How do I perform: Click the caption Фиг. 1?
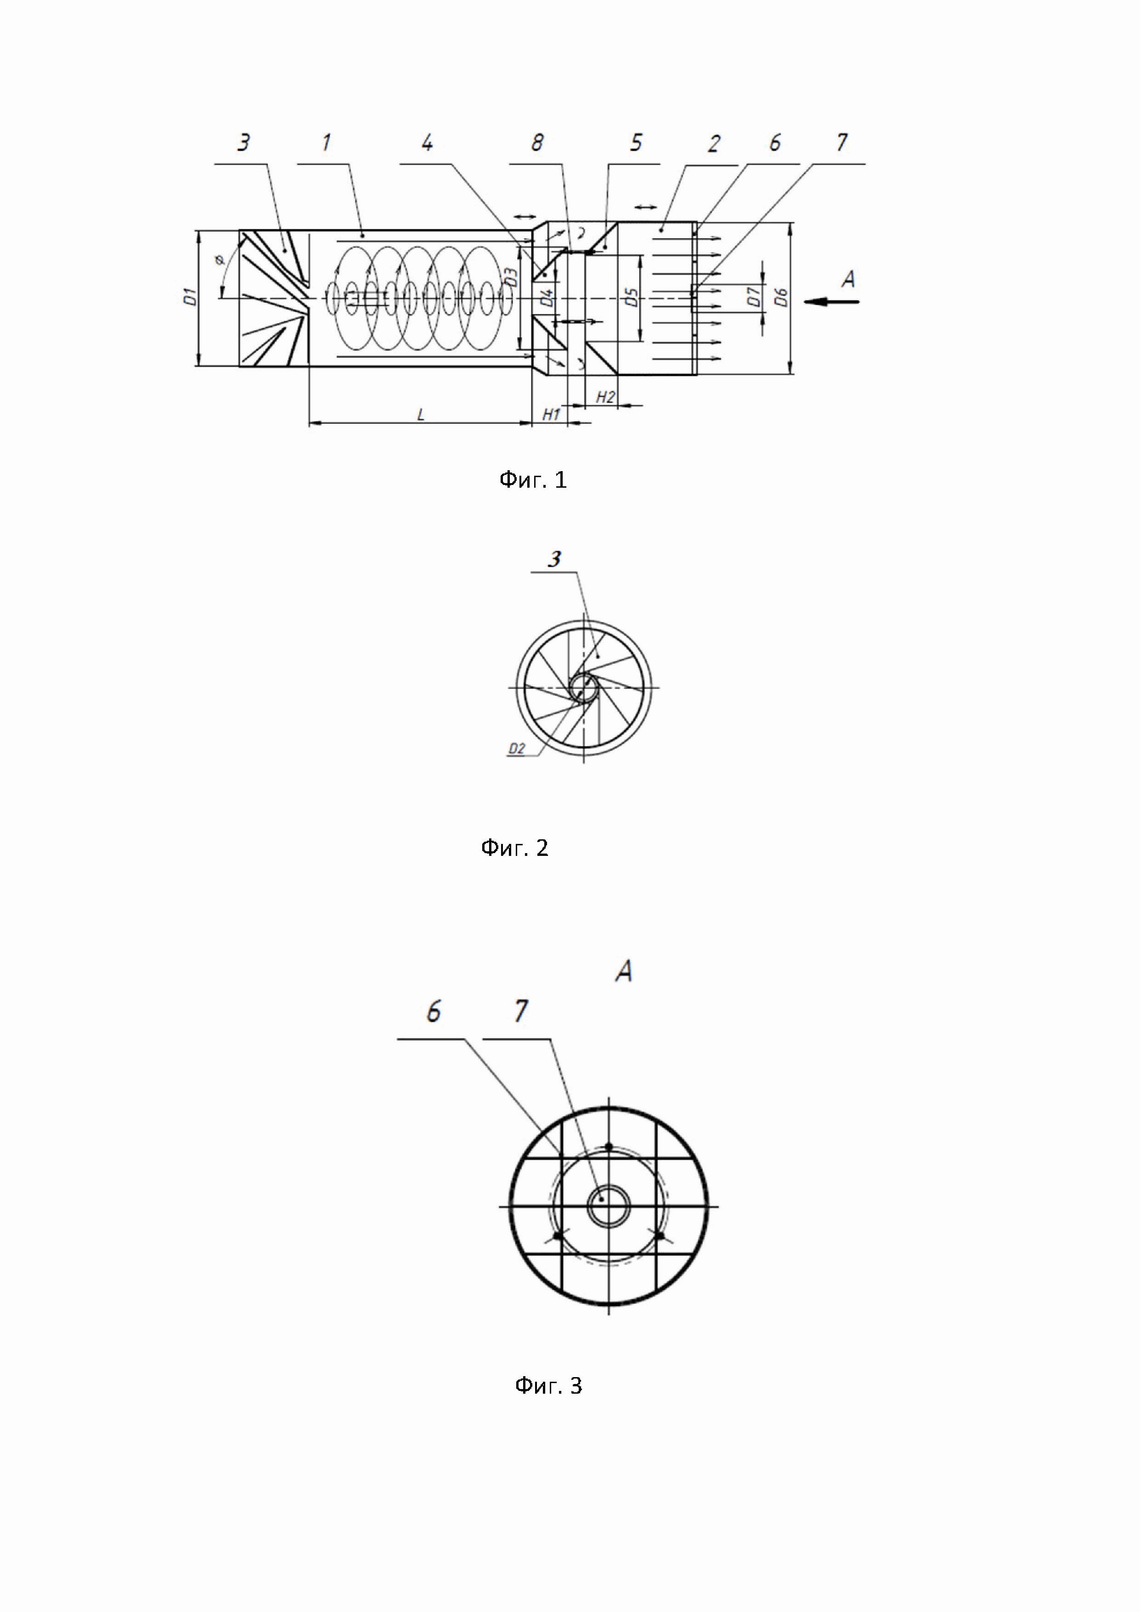coord(532,480)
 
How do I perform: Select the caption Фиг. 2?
coord(514,848)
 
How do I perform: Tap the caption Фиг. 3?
coord(548,1385)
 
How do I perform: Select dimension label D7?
coord(753,298)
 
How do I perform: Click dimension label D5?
coord(631,298)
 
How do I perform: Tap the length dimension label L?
coord(421,415)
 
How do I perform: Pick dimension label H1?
coord(551,415)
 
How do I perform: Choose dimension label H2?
coord(604,398)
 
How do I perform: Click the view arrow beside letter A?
coord(832,302)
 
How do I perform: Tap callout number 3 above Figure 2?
coord(554,559)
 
